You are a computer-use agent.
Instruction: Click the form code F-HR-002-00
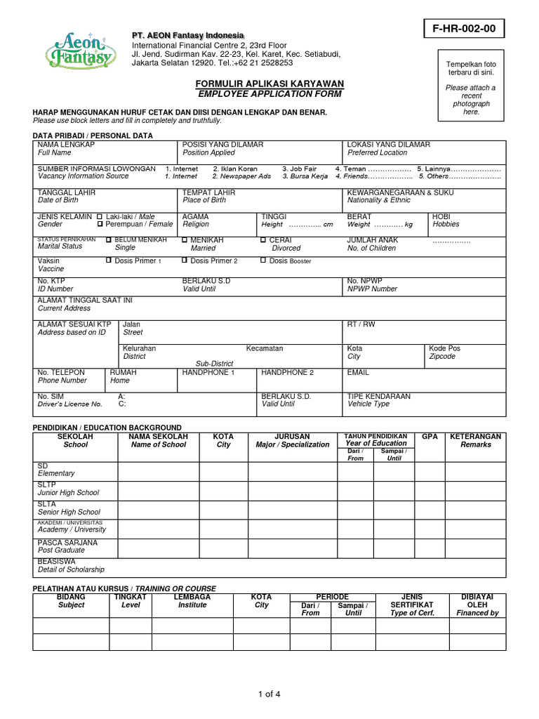464,29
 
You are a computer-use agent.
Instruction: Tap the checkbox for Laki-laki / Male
99,216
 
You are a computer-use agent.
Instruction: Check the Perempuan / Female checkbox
99,224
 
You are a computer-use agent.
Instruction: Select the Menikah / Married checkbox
185,240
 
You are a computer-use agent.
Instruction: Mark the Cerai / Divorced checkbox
263,240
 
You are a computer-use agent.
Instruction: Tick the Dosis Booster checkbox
263,260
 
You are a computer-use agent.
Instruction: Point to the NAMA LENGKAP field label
66,145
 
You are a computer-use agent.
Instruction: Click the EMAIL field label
358,373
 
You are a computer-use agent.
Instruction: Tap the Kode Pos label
444,348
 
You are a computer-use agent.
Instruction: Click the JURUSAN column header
292,437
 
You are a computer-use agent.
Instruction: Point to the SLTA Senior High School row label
69,508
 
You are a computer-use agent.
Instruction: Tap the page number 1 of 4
269,695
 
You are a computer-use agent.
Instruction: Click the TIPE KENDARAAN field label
378,396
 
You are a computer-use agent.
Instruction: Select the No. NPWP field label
364,281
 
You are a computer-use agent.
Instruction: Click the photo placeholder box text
471,88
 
